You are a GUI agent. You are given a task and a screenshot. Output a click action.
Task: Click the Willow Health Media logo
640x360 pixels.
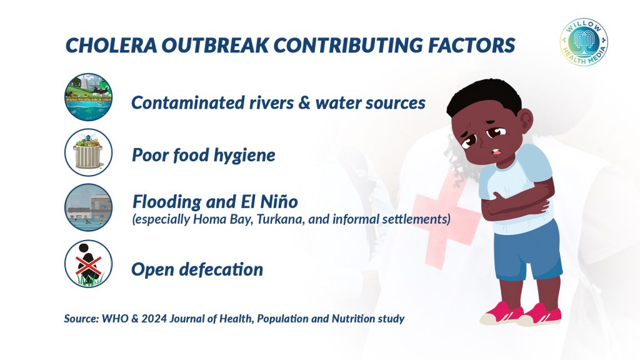[584, 42]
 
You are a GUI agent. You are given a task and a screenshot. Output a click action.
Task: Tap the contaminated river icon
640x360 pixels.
[88, 97]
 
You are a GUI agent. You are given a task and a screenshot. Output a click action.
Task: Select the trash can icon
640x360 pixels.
[88, 152]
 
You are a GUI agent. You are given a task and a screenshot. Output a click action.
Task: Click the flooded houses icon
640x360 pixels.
[88, 207]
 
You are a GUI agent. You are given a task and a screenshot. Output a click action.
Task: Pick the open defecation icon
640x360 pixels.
[88, 264]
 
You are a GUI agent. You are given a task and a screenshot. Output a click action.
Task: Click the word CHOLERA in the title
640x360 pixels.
[111, 45]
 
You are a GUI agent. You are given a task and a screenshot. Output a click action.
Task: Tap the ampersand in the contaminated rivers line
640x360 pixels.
[304, 103]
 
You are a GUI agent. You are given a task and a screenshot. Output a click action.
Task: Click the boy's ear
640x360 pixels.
[527, 121]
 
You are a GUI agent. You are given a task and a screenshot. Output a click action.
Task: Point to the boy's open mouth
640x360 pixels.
[496, 152]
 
